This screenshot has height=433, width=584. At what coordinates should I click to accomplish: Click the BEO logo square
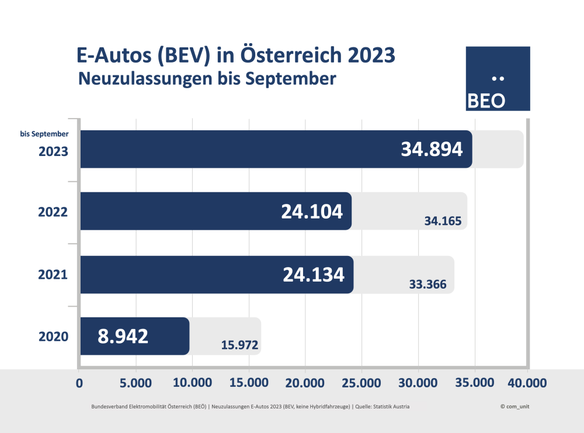498,78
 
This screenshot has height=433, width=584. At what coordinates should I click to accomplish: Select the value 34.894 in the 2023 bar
432,150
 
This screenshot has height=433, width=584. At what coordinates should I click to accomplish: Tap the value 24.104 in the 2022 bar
312,212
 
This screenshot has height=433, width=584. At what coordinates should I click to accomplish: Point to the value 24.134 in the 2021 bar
314,274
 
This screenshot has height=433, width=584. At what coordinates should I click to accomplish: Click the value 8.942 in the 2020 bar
123,336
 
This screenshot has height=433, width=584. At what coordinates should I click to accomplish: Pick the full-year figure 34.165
443,221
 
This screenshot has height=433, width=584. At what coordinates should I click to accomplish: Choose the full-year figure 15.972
240,345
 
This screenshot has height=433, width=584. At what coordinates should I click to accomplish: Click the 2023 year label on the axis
54,151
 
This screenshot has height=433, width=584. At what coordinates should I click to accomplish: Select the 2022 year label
54,212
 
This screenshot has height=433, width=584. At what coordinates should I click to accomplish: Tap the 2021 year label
54,274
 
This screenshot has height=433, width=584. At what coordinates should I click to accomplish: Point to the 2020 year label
54,337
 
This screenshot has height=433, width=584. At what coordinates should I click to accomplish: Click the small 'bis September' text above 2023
44,134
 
